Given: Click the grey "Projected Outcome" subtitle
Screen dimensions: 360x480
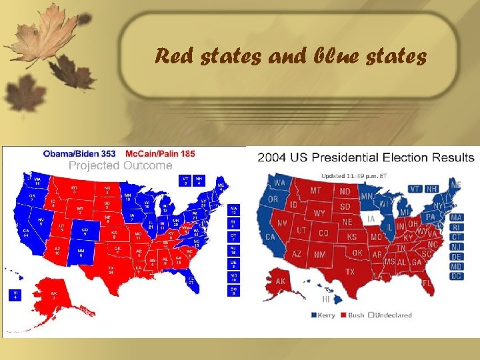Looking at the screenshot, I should pyautogui.click(x=121, y=165).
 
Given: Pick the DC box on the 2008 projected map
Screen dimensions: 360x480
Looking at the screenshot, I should pyautogui.click(x=233, y=291).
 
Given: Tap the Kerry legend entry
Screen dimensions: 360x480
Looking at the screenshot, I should pyautogui.click(x=324, y=315).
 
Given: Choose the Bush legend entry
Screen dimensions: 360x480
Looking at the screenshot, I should pyautogui.click(x=353, y=315).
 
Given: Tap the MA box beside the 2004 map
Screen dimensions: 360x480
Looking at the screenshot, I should pyautogui.click(x=456, y=217).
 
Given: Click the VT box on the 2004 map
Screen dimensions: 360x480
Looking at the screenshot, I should pyautogui.click(x=415, y=189).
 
